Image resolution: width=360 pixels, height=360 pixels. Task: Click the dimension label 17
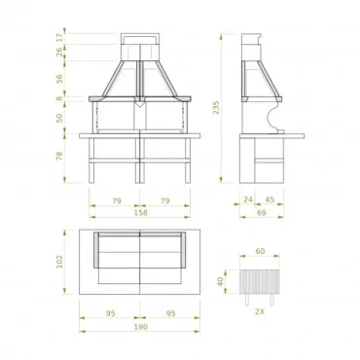tap(59, 38)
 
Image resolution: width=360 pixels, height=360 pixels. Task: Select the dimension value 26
tap(59, 53)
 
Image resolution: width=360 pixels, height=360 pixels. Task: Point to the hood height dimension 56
tap(59, 79)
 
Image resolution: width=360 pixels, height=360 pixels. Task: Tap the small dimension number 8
tap(59, 98)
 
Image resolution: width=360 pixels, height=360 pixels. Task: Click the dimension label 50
tap(59, 118)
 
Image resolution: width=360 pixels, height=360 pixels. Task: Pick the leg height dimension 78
tap(59, 157)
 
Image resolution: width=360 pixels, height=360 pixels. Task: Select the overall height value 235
tap(216, 108)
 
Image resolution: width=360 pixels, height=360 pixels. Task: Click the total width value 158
tap(141, 212)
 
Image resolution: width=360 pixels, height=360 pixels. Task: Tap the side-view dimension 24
tap(248, 199)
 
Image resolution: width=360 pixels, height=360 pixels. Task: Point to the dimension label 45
tap(270, 199)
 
